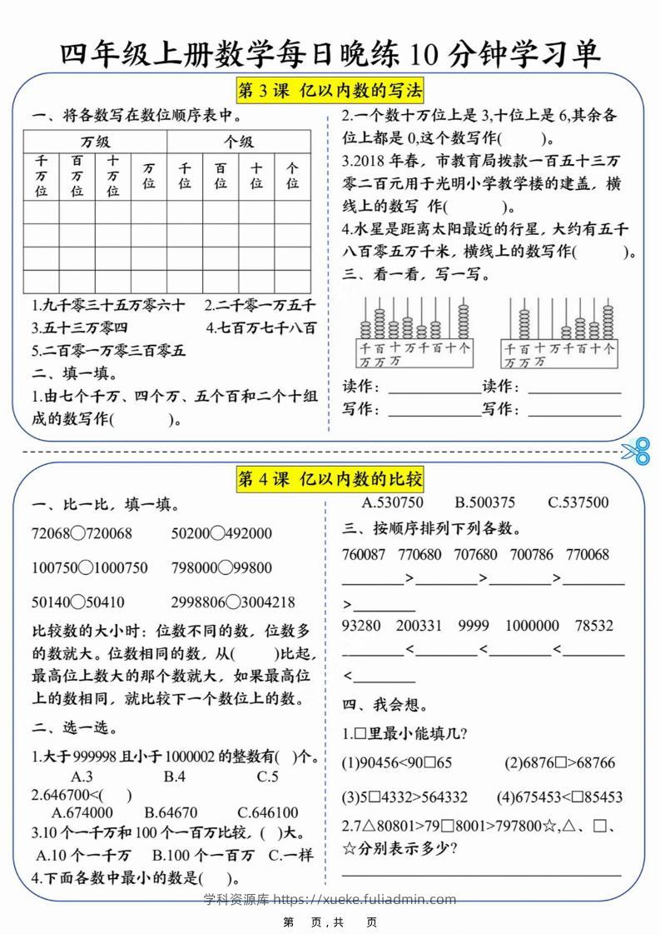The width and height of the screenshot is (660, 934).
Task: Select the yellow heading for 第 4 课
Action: pos(330,478)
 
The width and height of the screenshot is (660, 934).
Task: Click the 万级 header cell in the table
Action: pos(95,142)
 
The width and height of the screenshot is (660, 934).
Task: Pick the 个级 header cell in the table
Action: pos(239,142)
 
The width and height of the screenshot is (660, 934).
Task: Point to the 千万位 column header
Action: pos(41,176)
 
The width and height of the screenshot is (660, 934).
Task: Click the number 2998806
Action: pos(198,602)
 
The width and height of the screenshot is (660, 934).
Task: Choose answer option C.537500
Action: pos(578,502)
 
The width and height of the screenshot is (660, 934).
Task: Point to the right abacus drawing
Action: pos(559,331)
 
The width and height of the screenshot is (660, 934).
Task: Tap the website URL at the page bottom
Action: pos(330,899)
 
